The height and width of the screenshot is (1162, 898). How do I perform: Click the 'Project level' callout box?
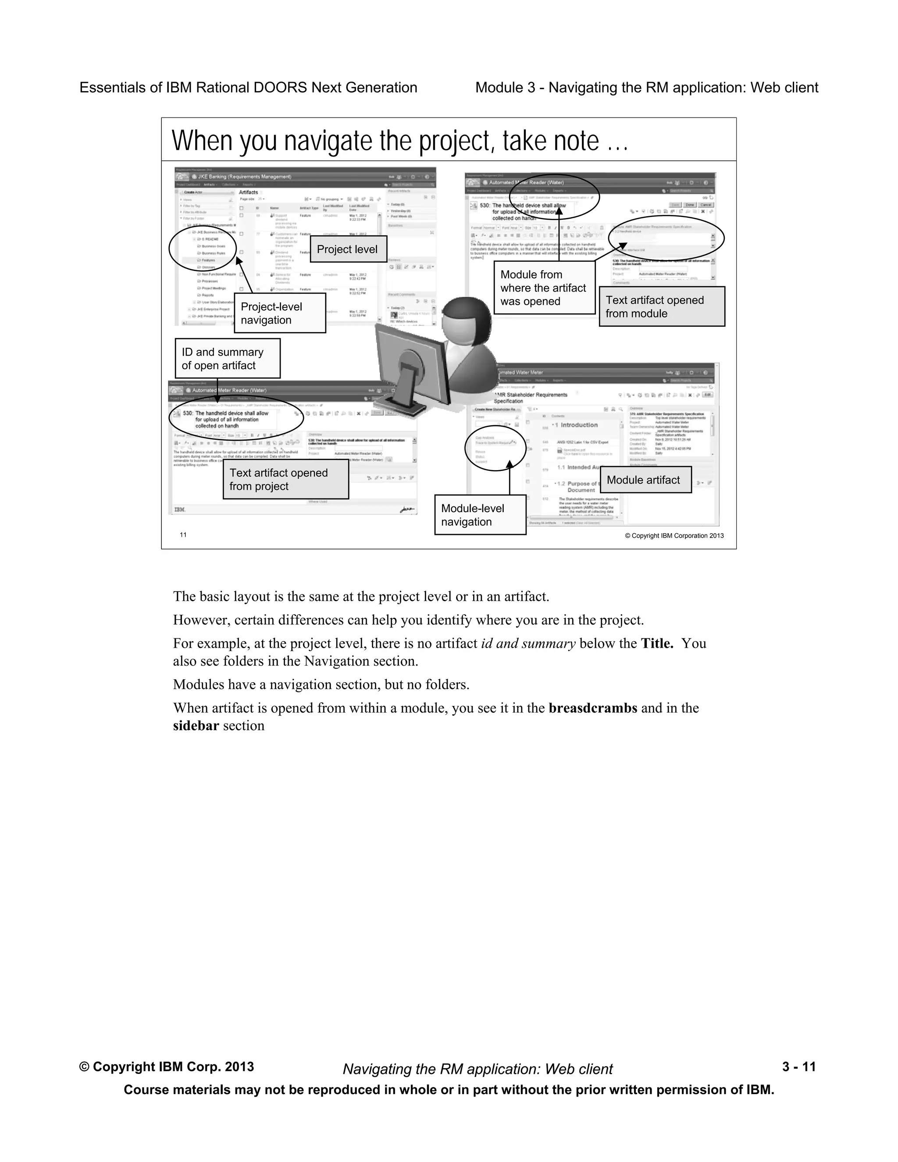(348, 249)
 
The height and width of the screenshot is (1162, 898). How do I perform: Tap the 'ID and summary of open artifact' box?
(227, 359)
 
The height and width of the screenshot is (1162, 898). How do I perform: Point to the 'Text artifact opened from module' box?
(661, 307)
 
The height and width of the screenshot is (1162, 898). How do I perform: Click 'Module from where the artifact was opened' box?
(544, 288)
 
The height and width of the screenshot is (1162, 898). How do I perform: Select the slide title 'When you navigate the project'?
(399, 141)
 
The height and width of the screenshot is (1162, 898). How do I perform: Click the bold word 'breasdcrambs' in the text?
(593, 708)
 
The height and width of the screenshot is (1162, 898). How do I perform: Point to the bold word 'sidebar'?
(196, 726)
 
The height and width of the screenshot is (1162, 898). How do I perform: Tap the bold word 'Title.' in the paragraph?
(657, 643)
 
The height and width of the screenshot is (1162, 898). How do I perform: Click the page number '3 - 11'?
(798, 1067)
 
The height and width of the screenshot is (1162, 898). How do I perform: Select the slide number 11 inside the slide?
(183, 535)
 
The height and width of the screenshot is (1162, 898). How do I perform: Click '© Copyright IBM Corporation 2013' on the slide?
(674, 536)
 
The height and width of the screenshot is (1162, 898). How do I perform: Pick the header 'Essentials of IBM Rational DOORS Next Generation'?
(248, 87)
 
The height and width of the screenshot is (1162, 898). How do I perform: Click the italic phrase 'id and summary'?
(528, 643)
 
